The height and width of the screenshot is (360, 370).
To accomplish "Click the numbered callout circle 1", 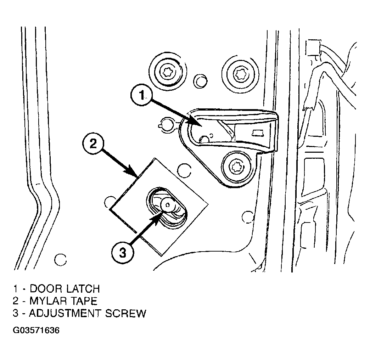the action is pos(141,95).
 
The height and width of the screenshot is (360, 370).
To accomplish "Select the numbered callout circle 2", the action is pos(94,144).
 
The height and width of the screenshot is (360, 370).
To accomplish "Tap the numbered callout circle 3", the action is pos(123,253).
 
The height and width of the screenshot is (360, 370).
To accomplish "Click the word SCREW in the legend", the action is pos(125,313).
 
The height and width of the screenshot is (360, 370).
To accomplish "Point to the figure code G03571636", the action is pos(36,330).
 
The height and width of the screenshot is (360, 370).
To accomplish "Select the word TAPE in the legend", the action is pos(83,301).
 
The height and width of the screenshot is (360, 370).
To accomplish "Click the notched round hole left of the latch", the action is pos(167,124).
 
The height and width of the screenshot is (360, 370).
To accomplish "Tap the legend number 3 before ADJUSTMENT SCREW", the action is pos(16,313).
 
